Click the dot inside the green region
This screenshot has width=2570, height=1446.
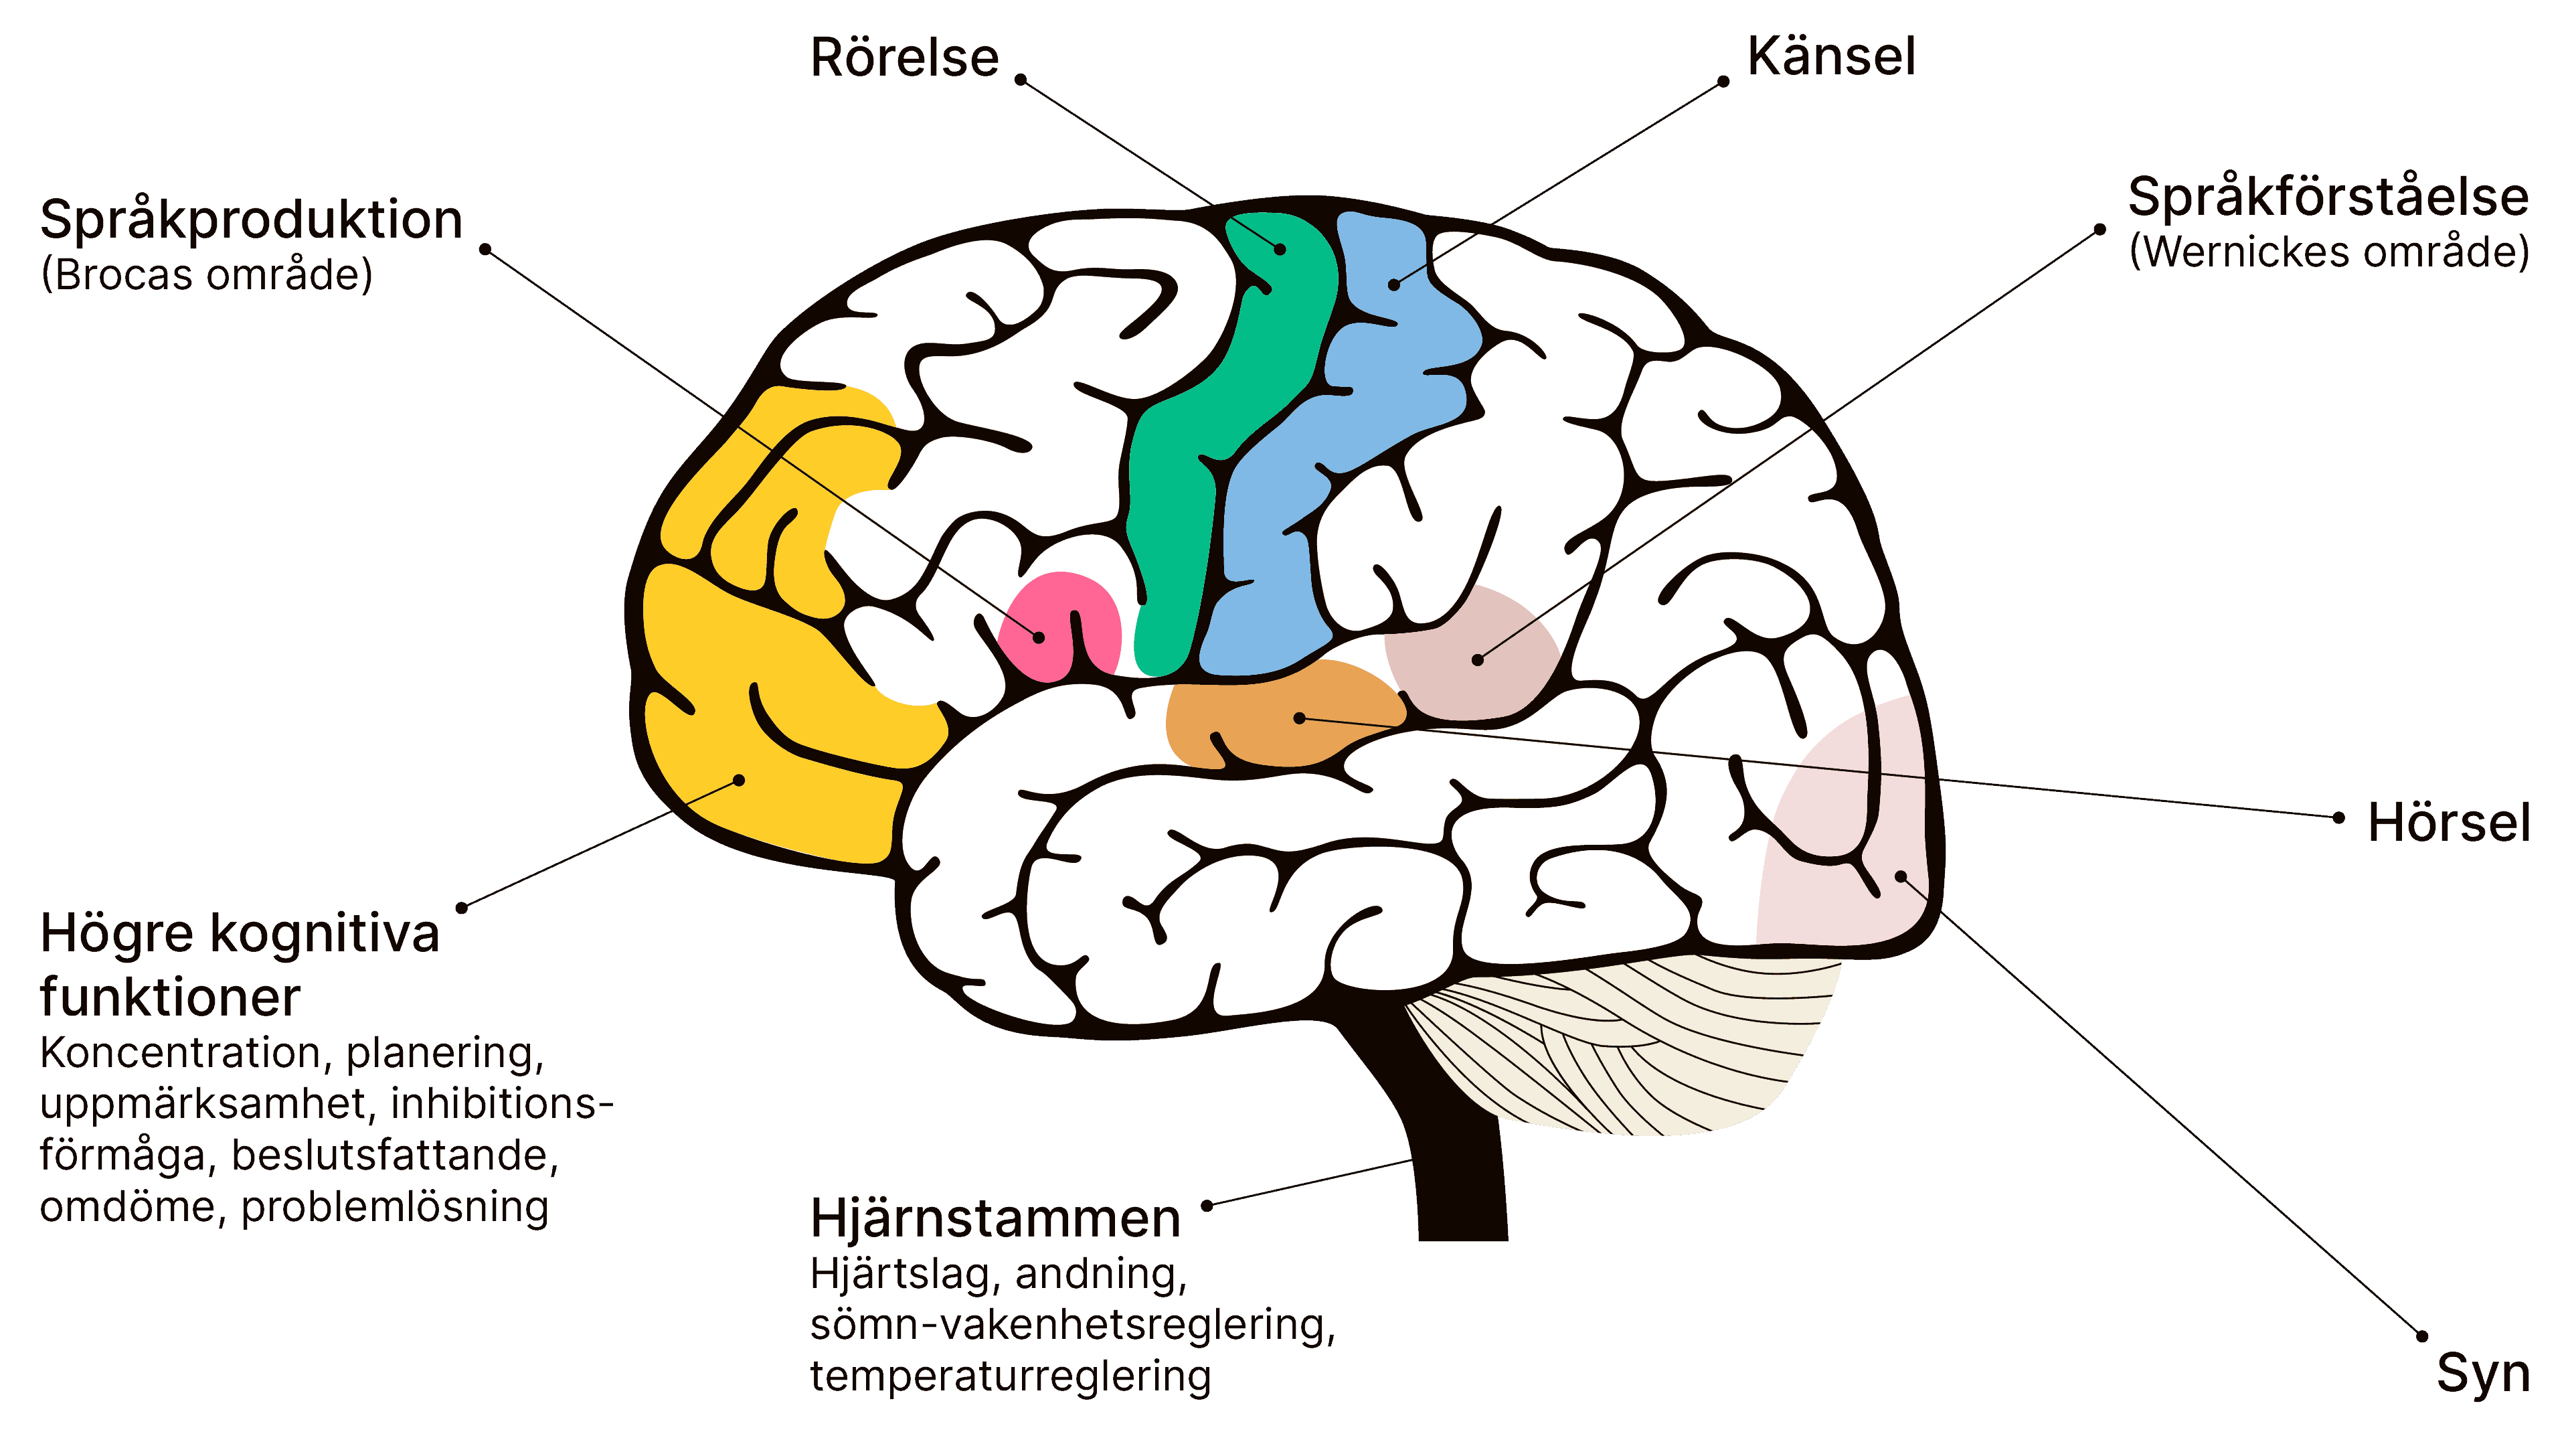coord(1280,248)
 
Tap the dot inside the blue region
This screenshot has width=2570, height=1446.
coord(1393,285)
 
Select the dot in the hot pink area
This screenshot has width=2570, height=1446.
coord(1039,637)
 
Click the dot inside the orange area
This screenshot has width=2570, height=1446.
coord(1299,718)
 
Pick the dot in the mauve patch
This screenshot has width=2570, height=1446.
coord(1478,659)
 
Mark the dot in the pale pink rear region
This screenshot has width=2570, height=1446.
coord(1901,876)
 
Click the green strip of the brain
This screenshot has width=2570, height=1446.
coord(1177,499)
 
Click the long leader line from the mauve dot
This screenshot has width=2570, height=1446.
coord(1646,544)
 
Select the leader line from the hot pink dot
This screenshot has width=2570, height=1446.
coord(888,532)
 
